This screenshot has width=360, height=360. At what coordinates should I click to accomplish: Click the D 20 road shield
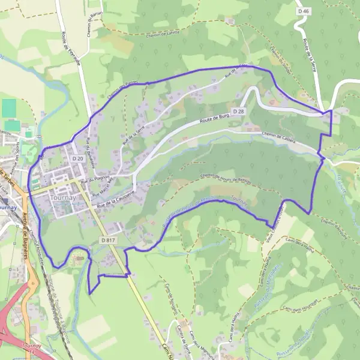pyautogui.click(x=77, y=158)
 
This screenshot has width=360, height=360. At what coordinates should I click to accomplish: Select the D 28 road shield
pyautogui.click(x=239, y=112)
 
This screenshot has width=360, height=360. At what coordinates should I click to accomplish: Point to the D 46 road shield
pyautogui.click(x=305, y=11)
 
